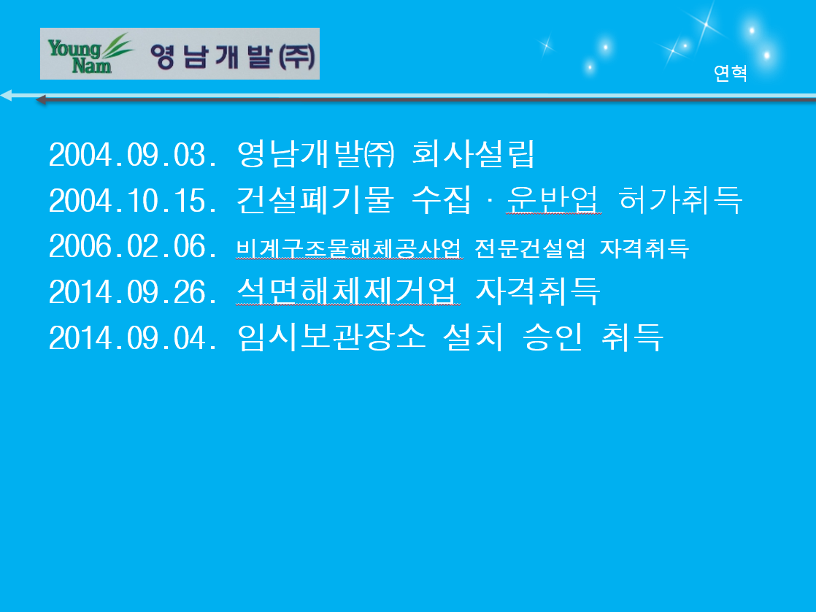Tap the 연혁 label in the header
pyautogui.click(x=730, y=74)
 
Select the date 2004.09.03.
pyautogui.click(x=133, y=155)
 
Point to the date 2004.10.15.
pyautogui.click(x=133, y=201)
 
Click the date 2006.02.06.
pyautogui.click(x=133, y=246)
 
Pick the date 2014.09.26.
pyautogui.click(x=133, y=292)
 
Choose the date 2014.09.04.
pyautogui.click(x=133, y=338)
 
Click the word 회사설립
pyautogui.click(x=473, y=154)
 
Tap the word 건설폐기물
pyautogui.click(x=315, y=200)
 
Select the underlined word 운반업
pyautogui.click(x=554, y=200)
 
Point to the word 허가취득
pyautogui.click(x=680, y=200)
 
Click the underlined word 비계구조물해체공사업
pyautogui.click(x=349, y=248)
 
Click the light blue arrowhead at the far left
pyautogui.click(x=7, y=96)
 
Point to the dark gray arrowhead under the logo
pyautogui.click(x=41, y=99)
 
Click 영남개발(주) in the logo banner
pyautogui.click(x=233, y=56)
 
